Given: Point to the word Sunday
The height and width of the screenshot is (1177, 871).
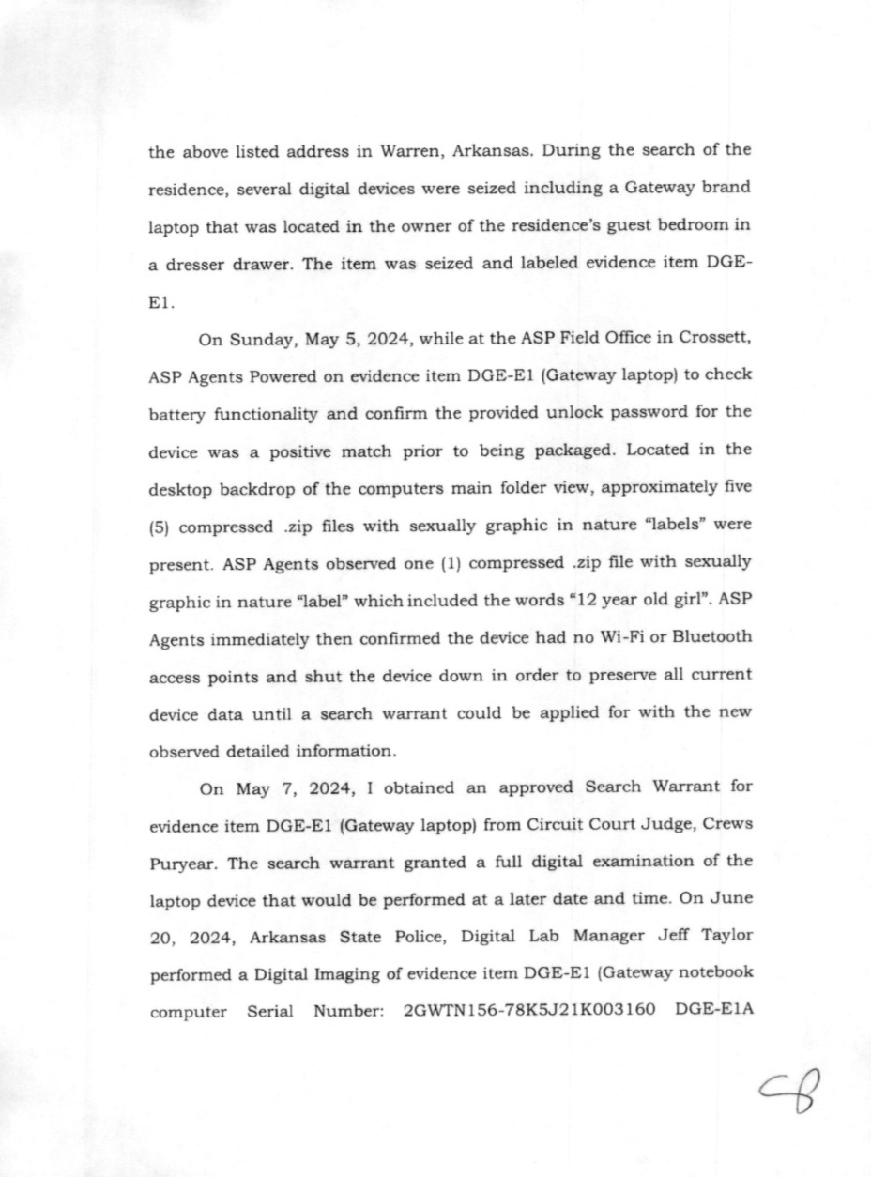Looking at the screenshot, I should coord(267,341).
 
